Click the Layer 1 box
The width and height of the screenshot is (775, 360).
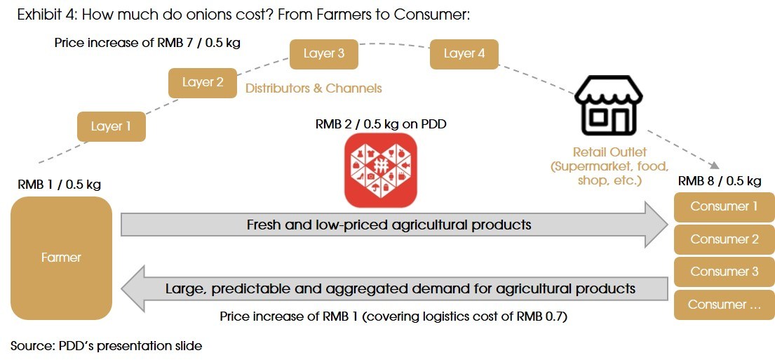(x=112, y=126)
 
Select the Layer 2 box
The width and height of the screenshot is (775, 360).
(x=203, y=83)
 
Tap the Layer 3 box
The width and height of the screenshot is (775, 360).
(x=324, y=54)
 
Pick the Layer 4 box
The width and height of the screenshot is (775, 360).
(x=464, y=54)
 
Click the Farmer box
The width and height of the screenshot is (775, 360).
(x=61, y=258)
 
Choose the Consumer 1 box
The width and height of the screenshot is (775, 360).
(x=724, y=207)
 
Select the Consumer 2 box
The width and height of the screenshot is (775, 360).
(x=724, y=239)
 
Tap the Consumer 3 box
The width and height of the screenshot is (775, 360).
(x=724, y=272)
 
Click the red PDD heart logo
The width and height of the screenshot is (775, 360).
(x=381, y=170)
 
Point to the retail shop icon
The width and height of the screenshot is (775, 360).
(x=609, y=105)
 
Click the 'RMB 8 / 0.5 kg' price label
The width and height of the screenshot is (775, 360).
(x=720, y=182)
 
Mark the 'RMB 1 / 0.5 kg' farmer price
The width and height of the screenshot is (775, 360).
(x=60, y=185)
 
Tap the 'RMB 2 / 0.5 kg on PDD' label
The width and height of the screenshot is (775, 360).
(x=381, y=124)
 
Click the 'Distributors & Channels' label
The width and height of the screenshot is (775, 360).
(x=314, y=88)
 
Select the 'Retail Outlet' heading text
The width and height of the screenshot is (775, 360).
(x=609, y=152)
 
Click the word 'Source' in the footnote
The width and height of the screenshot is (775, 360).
(x=31, y=346)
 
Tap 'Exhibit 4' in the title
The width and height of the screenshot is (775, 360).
(x=46, y=15)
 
